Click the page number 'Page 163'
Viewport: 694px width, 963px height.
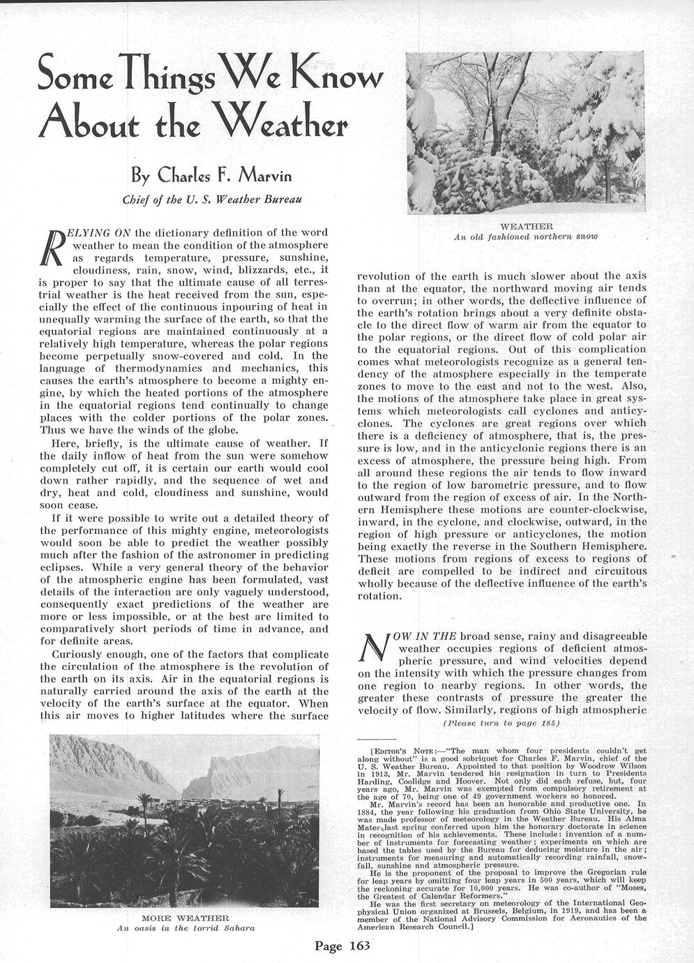point(340,946)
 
